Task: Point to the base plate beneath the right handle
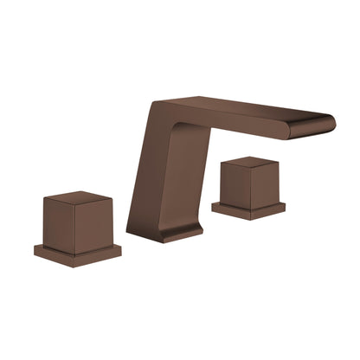tap(249, 210)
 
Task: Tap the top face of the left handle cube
tap(78, 198)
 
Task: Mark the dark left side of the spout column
tap(143, 173)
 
